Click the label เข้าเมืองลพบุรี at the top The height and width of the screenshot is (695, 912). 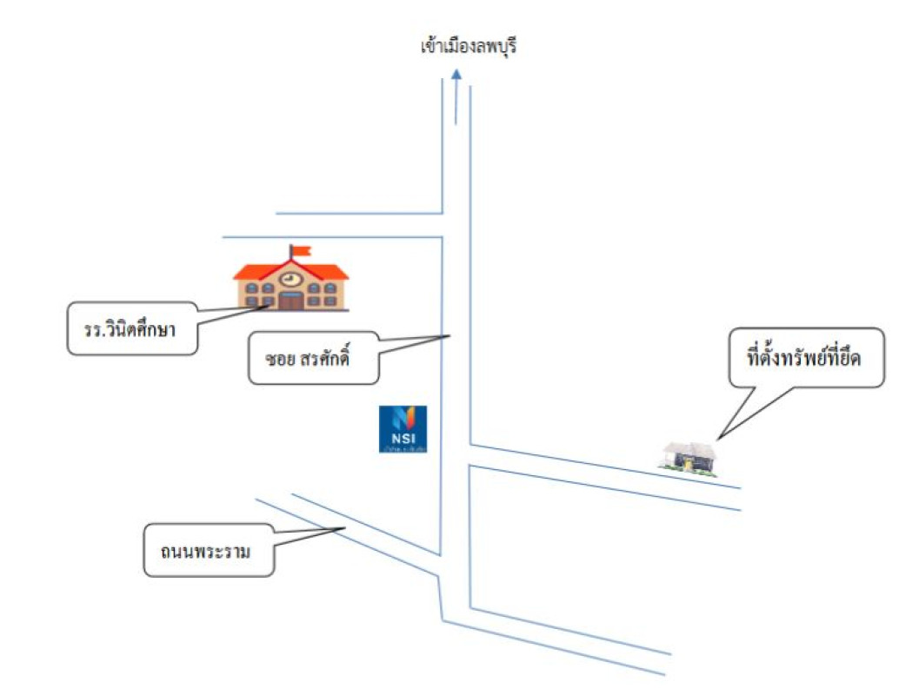(468, 46)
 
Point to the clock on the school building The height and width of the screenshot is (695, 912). (290, 279)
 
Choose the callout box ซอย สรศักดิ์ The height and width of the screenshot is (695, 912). (313, 357)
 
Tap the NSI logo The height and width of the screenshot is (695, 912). (403, 428)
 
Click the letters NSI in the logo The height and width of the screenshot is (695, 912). (403, 437)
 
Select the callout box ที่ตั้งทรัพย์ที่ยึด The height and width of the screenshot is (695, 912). (804, 357)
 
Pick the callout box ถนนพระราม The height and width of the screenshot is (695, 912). (209, 548)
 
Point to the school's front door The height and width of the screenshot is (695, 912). (291, 301)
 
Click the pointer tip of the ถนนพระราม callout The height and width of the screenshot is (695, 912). (347, 528)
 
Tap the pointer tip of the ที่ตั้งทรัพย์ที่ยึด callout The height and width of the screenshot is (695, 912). (718, 437)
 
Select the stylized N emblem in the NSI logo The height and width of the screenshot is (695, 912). (403, 418)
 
